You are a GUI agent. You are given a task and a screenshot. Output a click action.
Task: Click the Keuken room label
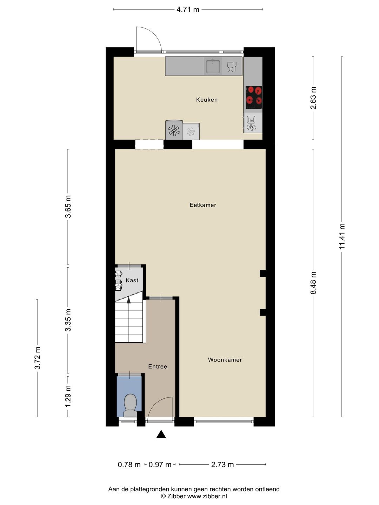(207, 100)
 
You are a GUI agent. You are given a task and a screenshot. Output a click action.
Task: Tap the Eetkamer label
(203, 205)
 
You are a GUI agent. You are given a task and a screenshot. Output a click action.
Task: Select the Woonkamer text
(225, 359)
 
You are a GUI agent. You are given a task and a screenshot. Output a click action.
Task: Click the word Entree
(158, 366)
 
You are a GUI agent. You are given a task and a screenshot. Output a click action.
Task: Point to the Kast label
(132, 280)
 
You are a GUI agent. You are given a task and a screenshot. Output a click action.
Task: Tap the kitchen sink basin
(213, 67)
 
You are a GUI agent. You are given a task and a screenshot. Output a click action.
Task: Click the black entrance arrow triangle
(161, 434)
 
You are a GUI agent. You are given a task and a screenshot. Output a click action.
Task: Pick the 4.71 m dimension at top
(188, 9)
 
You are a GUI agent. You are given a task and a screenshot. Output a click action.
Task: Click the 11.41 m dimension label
(342, 236)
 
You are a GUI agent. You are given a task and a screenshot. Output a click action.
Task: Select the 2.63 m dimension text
(313, 98)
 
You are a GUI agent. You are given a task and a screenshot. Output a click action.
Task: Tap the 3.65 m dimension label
(68, 207)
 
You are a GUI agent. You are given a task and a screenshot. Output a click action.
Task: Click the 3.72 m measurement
(38, 358)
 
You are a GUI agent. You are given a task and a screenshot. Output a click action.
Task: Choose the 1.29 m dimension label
(68, 396)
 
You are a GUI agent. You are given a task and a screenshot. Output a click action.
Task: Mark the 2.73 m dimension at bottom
(222, 465)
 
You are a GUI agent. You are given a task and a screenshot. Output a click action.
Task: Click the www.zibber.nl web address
(207, 496)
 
